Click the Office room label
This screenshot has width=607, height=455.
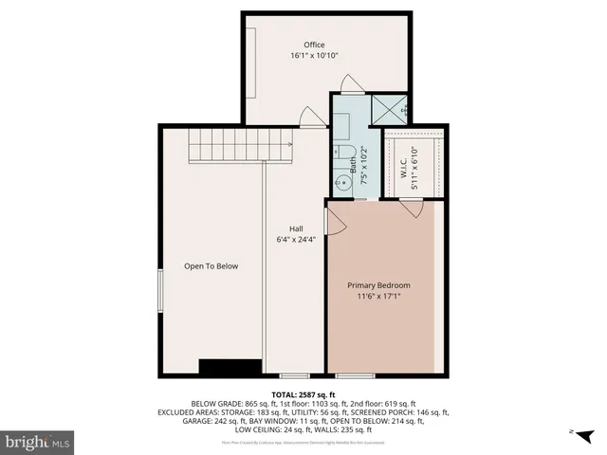314,45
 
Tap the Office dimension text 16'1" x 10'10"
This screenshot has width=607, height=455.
314,56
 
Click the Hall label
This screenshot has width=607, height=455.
296,228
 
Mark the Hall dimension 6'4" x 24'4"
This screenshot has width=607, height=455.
296,240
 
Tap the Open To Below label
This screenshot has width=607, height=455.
211,266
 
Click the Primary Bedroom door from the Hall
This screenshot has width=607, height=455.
333,221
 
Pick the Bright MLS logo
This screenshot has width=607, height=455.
38,441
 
